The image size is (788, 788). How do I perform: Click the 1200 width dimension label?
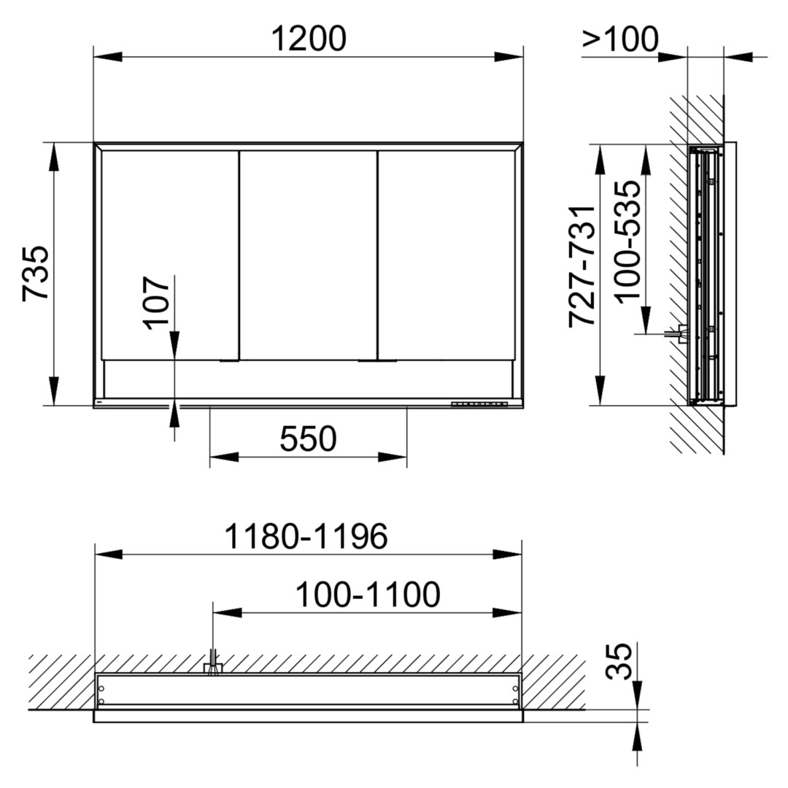[309, 39]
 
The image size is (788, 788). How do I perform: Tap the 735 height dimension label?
[36, 274]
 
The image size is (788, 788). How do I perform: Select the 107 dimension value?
[156, 303]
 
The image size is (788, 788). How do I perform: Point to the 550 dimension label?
[308, 439]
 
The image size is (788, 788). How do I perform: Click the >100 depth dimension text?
[620, 39]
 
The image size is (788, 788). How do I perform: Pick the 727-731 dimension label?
[582, 266]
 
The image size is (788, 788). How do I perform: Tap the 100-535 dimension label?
[627, 242]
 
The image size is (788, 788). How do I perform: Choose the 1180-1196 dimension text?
[306, 536]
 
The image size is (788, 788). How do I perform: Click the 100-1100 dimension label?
[368, 595]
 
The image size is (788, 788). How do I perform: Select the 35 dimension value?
[619, 661]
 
